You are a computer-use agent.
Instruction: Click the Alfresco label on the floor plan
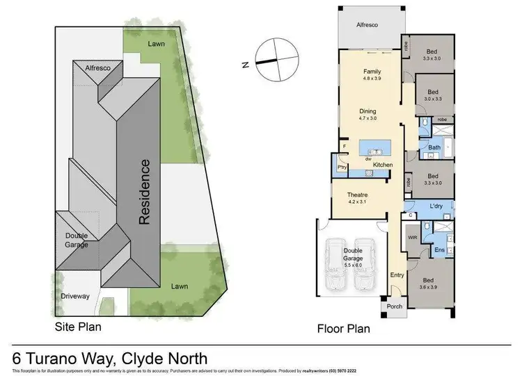tap(367, 24)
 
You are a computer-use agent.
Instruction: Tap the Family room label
tap(370, 75)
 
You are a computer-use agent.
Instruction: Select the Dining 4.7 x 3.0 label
tap(367, 115)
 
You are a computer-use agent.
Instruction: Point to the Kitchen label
tap(383, 164)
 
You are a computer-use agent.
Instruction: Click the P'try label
tap(342, 167)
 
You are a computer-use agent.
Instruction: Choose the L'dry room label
tap(437, 207)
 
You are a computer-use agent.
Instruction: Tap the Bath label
tap(434, 147)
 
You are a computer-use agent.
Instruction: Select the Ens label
tap(439, 250)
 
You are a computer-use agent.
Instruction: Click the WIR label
tap(412, 237)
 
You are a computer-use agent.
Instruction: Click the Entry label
tap(397, 275)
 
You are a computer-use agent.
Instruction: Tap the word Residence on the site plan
tap(144, 192)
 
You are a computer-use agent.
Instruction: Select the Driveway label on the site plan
tap(75, 296)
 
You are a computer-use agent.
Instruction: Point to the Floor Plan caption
tap(343, 329)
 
